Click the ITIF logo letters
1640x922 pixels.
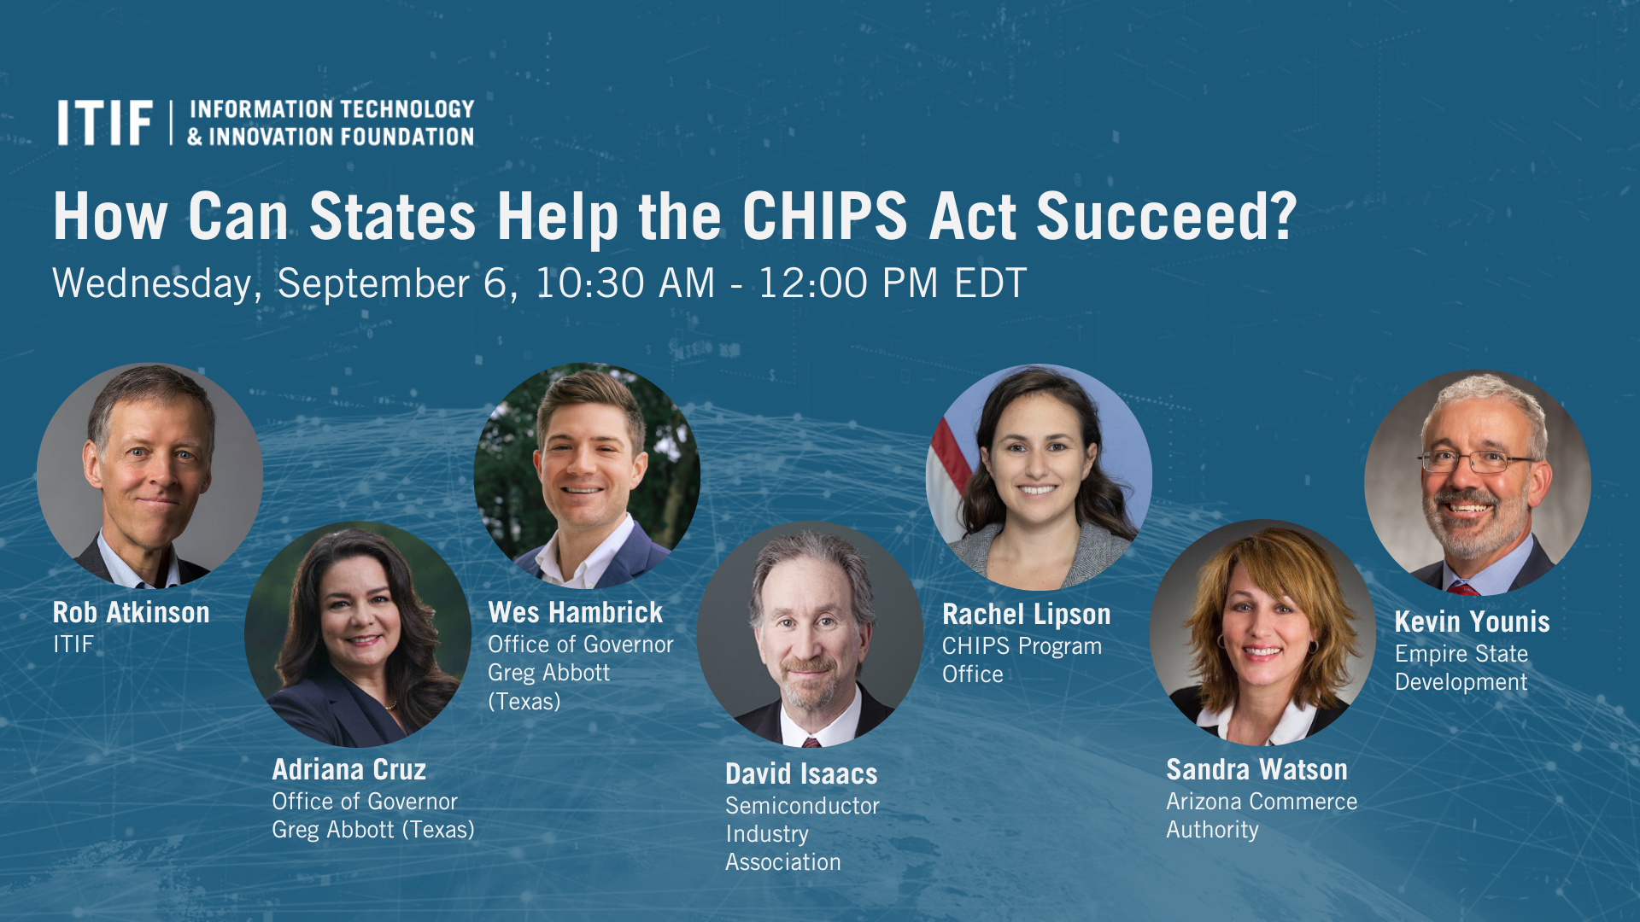pyautogui.click(x=104, y=123)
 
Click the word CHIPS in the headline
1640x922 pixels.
pyautogui.click(x=824, y=217)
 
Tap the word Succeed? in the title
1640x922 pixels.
pyautogui.click(x=1166, y=217)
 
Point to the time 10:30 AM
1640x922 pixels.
pyautogui.click(x=624, y=283)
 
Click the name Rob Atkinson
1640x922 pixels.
pyautogui.click(x=131, y=613)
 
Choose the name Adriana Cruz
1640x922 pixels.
pyautogui.click(x=348, y=770)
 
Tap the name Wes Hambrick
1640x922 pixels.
pyautogui.click(x=575, y=613)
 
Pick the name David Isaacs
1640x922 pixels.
pyautogui.click(x=801, y=774)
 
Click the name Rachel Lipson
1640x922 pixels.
pyautogui.click(x=1026, y=615)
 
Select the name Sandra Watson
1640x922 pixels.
pyautogui.click(x=1256, y=770)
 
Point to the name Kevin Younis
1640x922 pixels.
pyautogui.click(x=1472, y=622)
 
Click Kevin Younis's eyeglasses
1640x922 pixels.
pyautogui.click(x=1475, y=462)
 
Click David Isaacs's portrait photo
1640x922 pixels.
pyautogui.click(x=810, y=633)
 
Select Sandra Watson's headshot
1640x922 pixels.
pyautogui.click(x=1262, y=632)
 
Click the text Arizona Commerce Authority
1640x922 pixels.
pyautogui.click(x=1261, y=815)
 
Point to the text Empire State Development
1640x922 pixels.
pyautogui.click(x=1461, y=668)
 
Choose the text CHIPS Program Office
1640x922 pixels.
pyautogui.click(x=1022, y=660)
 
